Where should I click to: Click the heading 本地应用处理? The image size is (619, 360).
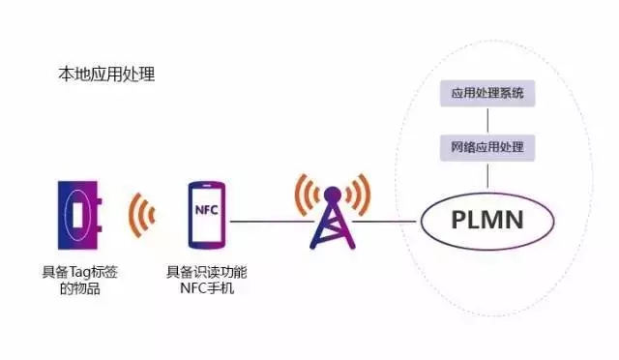point(107,75)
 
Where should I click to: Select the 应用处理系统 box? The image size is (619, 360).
point(487,95)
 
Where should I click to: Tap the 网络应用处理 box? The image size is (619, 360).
point(487,148)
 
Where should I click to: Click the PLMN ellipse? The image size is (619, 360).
point(487,220)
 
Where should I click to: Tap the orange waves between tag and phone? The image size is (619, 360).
point(143,215)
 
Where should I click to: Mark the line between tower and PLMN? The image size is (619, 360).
point(387,222)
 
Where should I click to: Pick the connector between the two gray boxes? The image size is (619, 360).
point(487,121)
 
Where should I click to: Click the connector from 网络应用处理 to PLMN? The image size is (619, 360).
point(487,175)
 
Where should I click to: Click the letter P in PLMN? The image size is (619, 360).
point(459,220)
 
